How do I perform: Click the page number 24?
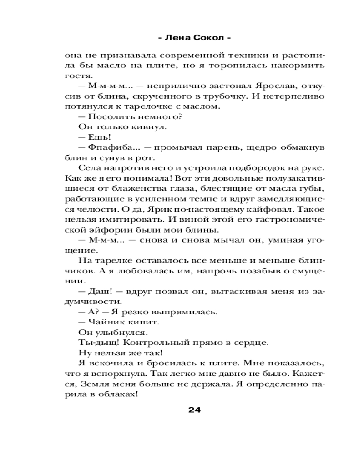pos(194,409)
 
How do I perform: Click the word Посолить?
pos(108,116)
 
